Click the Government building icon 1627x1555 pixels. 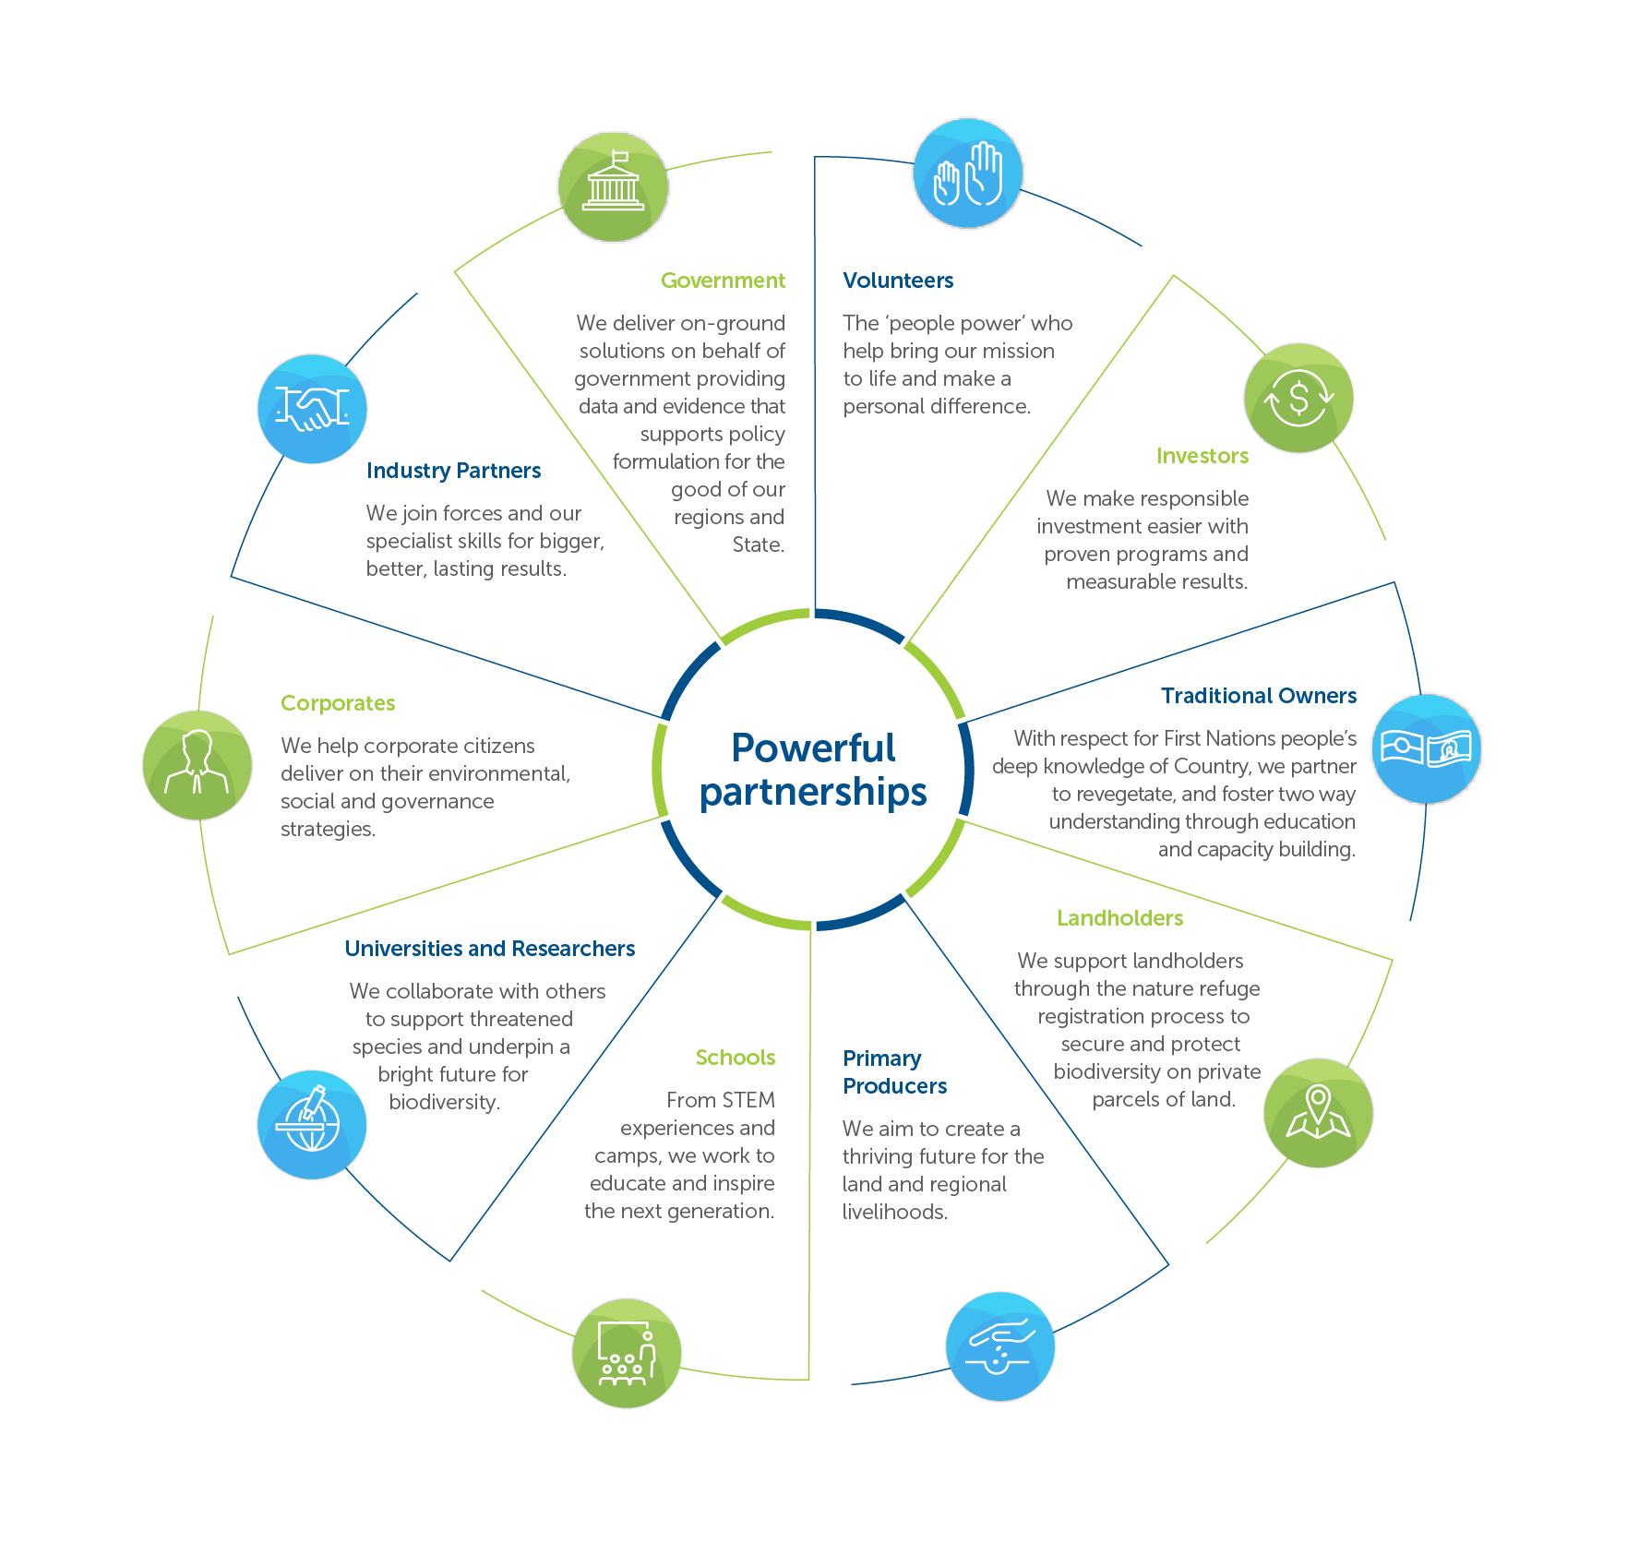click(614, 186)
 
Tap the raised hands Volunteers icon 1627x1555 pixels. click(968, 173)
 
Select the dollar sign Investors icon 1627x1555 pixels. click(1298, 398)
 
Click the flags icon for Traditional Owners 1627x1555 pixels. click(1427, 748)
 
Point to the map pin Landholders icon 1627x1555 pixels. click(1318, 1112)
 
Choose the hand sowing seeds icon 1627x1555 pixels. click(1000, 1346)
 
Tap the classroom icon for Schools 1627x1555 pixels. click(627, 1353)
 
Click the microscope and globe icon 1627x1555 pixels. click(312, 1124)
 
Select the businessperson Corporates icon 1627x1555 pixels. click(197, 765)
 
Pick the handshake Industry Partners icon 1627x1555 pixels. click(312, 408)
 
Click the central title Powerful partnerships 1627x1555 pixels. click(813, 770)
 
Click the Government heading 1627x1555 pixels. click(723, 281)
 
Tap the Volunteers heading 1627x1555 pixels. click(898, 281)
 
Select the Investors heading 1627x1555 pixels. click(1202, 456)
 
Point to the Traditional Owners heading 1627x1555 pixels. click(1258, 696)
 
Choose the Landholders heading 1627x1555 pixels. click(1119, 918)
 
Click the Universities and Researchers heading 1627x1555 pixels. click(489, 949)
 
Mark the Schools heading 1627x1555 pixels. click(735, 1058)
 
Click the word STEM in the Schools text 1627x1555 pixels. click(748, 1100)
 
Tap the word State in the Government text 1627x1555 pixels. click(758, 545)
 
